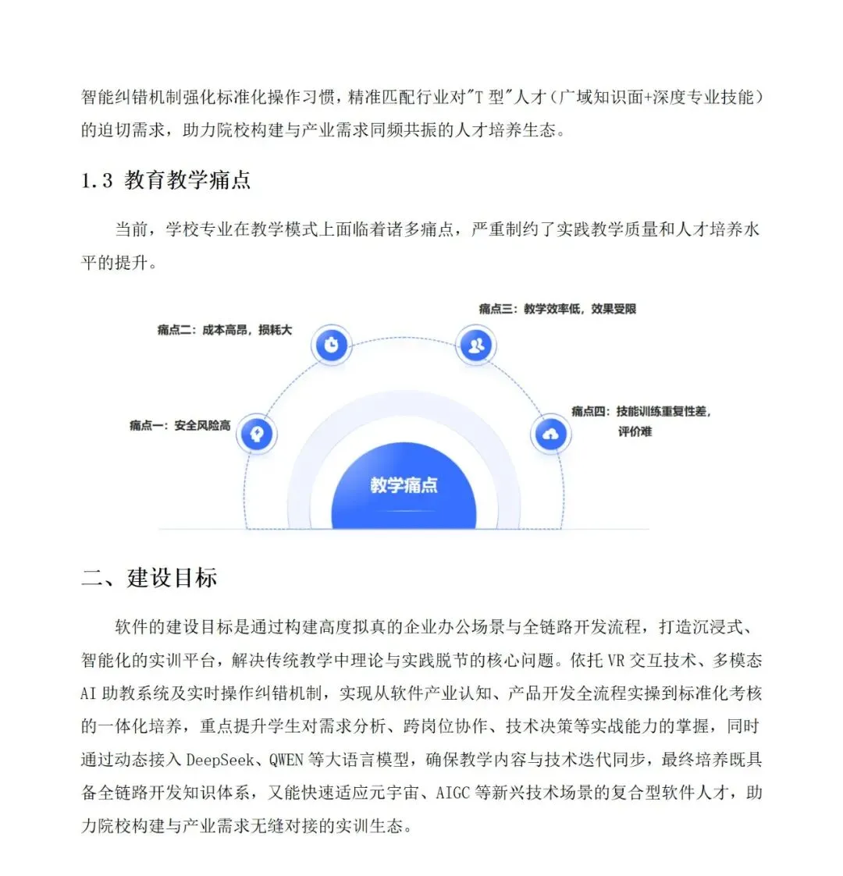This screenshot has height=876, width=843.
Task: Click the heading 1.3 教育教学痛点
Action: tap(165, 180)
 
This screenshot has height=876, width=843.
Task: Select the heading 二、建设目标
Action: tap(149, 577)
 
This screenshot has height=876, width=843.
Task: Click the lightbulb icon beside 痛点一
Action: tap(257, 434)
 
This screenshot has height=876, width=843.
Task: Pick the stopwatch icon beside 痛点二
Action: tap(332, 344)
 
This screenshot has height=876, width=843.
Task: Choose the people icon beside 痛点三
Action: tap(476, 344)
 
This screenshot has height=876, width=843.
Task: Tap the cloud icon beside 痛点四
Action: tap(550, 434)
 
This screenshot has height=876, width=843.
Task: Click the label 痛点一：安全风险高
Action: tap(180, 425)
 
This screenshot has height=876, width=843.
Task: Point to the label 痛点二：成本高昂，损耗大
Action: tap(224, 330)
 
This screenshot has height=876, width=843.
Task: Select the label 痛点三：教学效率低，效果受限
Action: tap(557, 309)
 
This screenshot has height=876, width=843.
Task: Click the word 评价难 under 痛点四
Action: tap(635, 431)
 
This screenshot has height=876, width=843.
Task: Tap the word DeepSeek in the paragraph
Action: tap(221, 759)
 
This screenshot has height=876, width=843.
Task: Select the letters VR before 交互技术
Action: tap(616, 661)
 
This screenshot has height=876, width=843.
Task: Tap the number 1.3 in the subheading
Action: tap(97, 181)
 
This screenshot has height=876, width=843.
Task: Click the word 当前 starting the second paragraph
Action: tap(132, 229)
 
